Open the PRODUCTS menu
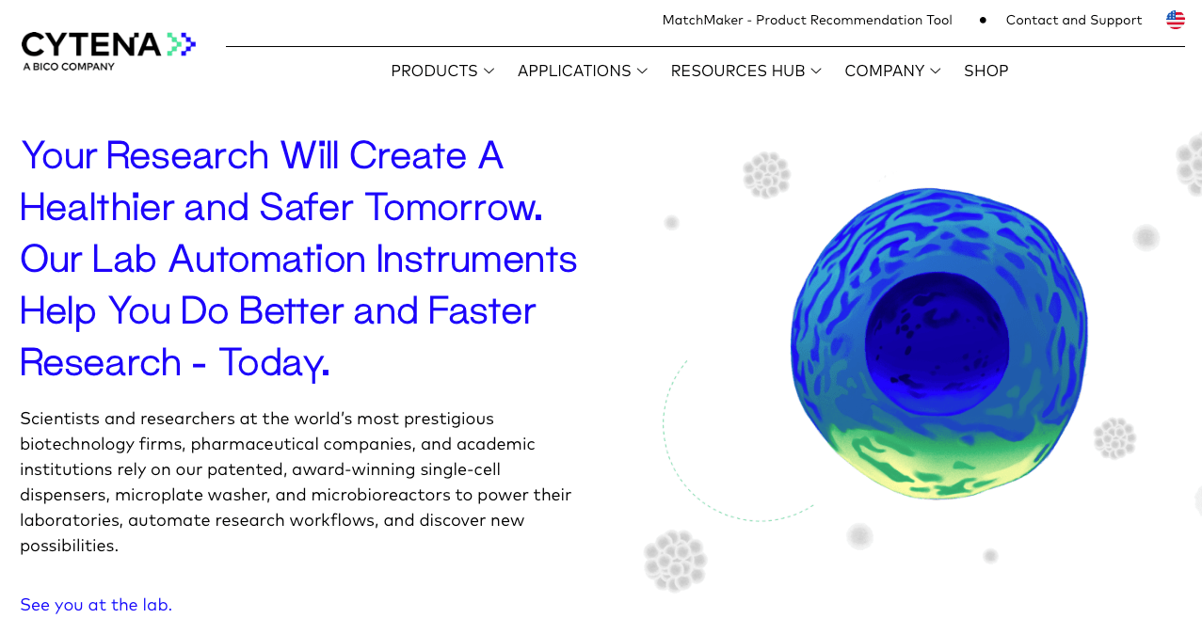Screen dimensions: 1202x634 click(x=442, y=71)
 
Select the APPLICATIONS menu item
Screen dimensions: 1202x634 click(x=583, y=71)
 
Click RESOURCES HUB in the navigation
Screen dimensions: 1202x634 click(x=745, y=71)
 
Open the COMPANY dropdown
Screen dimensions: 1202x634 click(x=892, y=71)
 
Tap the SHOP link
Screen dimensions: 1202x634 click(x=986, y=71)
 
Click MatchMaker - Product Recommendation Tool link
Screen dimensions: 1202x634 click(x=807, y=21)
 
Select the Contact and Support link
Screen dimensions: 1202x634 click(x=1074, y=21)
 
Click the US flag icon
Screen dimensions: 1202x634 click(x=1175, y=20)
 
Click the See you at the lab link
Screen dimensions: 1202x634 click(x=96, y=605)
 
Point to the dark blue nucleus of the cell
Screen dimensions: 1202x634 click(x=937, y=344)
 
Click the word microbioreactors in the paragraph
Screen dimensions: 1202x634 click(x=380, y=495)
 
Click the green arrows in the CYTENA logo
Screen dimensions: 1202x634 click(x=182, y=44)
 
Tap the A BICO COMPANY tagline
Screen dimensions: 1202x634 click(x=69, y=67)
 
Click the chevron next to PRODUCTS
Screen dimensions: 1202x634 click(x=489, y=71)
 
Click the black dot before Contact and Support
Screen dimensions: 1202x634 click(x=983, y=21)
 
